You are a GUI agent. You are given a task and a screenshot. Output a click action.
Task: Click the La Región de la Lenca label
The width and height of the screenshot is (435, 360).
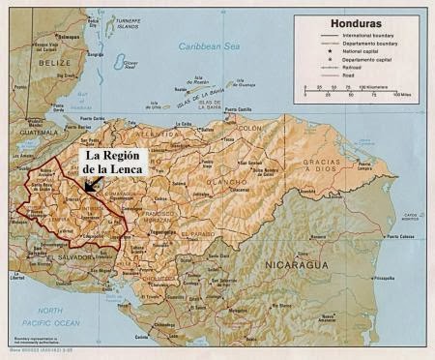(x=113, y=162)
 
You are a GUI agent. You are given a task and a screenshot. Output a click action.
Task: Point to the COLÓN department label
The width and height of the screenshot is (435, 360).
(x=249, y=129)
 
